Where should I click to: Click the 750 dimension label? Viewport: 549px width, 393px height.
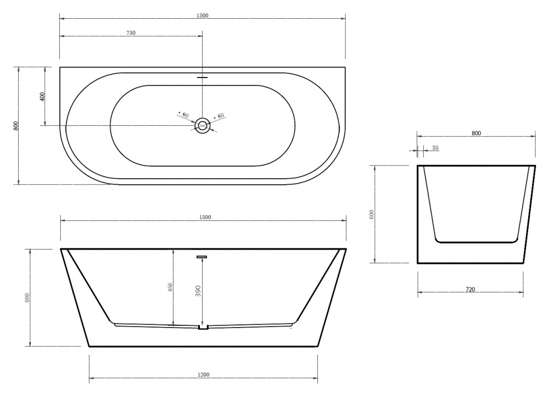coord(131,33)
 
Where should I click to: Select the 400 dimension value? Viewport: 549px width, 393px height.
coord(43,97)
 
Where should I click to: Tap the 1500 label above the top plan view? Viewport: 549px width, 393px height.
coord(202,15)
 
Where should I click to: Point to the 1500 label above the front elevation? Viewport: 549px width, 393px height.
coord(204,217)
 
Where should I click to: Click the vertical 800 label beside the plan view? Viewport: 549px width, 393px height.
coord(16,126)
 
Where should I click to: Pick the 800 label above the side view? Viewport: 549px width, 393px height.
coord(476,133)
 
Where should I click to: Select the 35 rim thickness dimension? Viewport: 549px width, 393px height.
coord(435,148)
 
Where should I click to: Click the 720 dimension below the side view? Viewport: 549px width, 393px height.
coord(470,289)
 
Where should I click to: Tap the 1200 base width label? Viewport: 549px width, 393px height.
coord(203,375)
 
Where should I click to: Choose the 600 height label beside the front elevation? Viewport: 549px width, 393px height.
coord(27,297)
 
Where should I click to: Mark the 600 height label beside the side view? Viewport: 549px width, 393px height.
coord(371,214)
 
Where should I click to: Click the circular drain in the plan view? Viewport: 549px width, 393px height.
coord(203,126)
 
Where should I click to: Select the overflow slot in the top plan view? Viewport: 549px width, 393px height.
coord(203,78)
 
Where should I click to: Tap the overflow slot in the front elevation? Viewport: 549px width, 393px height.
coord(202,256)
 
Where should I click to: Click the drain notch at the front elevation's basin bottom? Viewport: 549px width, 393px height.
coord(203,328)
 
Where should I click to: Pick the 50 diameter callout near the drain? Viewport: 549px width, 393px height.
coord(220,116)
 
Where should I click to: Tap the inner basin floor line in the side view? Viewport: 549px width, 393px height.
coord(476,242)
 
